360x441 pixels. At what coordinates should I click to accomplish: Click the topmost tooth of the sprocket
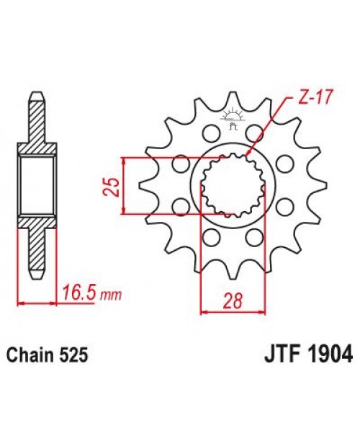(231, 101)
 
